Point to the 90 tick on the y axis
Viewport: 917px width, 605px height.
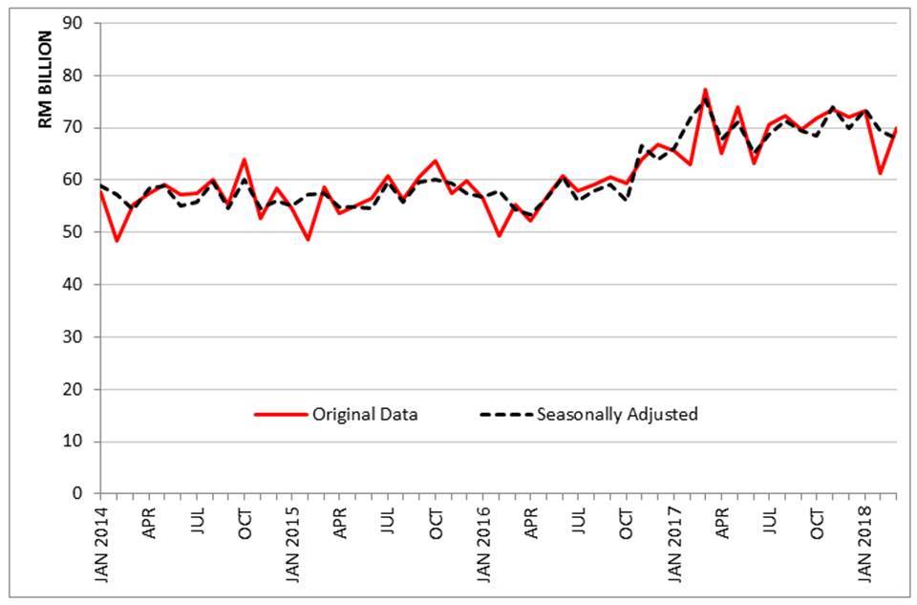coord(75,23)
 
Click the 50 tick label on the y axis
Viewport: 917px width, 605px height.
coord(75,232)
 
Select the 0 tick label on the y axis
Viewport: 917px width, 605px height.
coord(80,493)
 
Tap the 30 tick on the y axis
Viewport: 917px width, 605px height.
coord(75,336)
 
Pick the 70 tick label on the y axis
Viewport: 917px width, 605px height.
coord(75,127)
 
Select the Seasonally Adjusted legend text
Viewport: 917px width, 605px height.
coord(617,415)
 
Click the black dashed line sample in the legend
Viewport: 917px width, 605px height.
coord(505,415)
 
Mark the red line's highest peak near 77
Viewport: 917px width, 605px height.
coord(705,90)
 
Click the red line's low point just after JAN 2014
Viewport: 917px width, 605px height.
coord(117,240)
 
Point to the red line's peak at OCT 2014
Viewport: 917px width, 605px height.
coord(244,159)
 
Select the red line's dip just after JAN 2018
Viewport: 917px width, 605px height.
coord(881,173)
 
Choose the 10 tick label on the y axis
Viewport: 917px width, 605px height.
coord(75,442)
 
